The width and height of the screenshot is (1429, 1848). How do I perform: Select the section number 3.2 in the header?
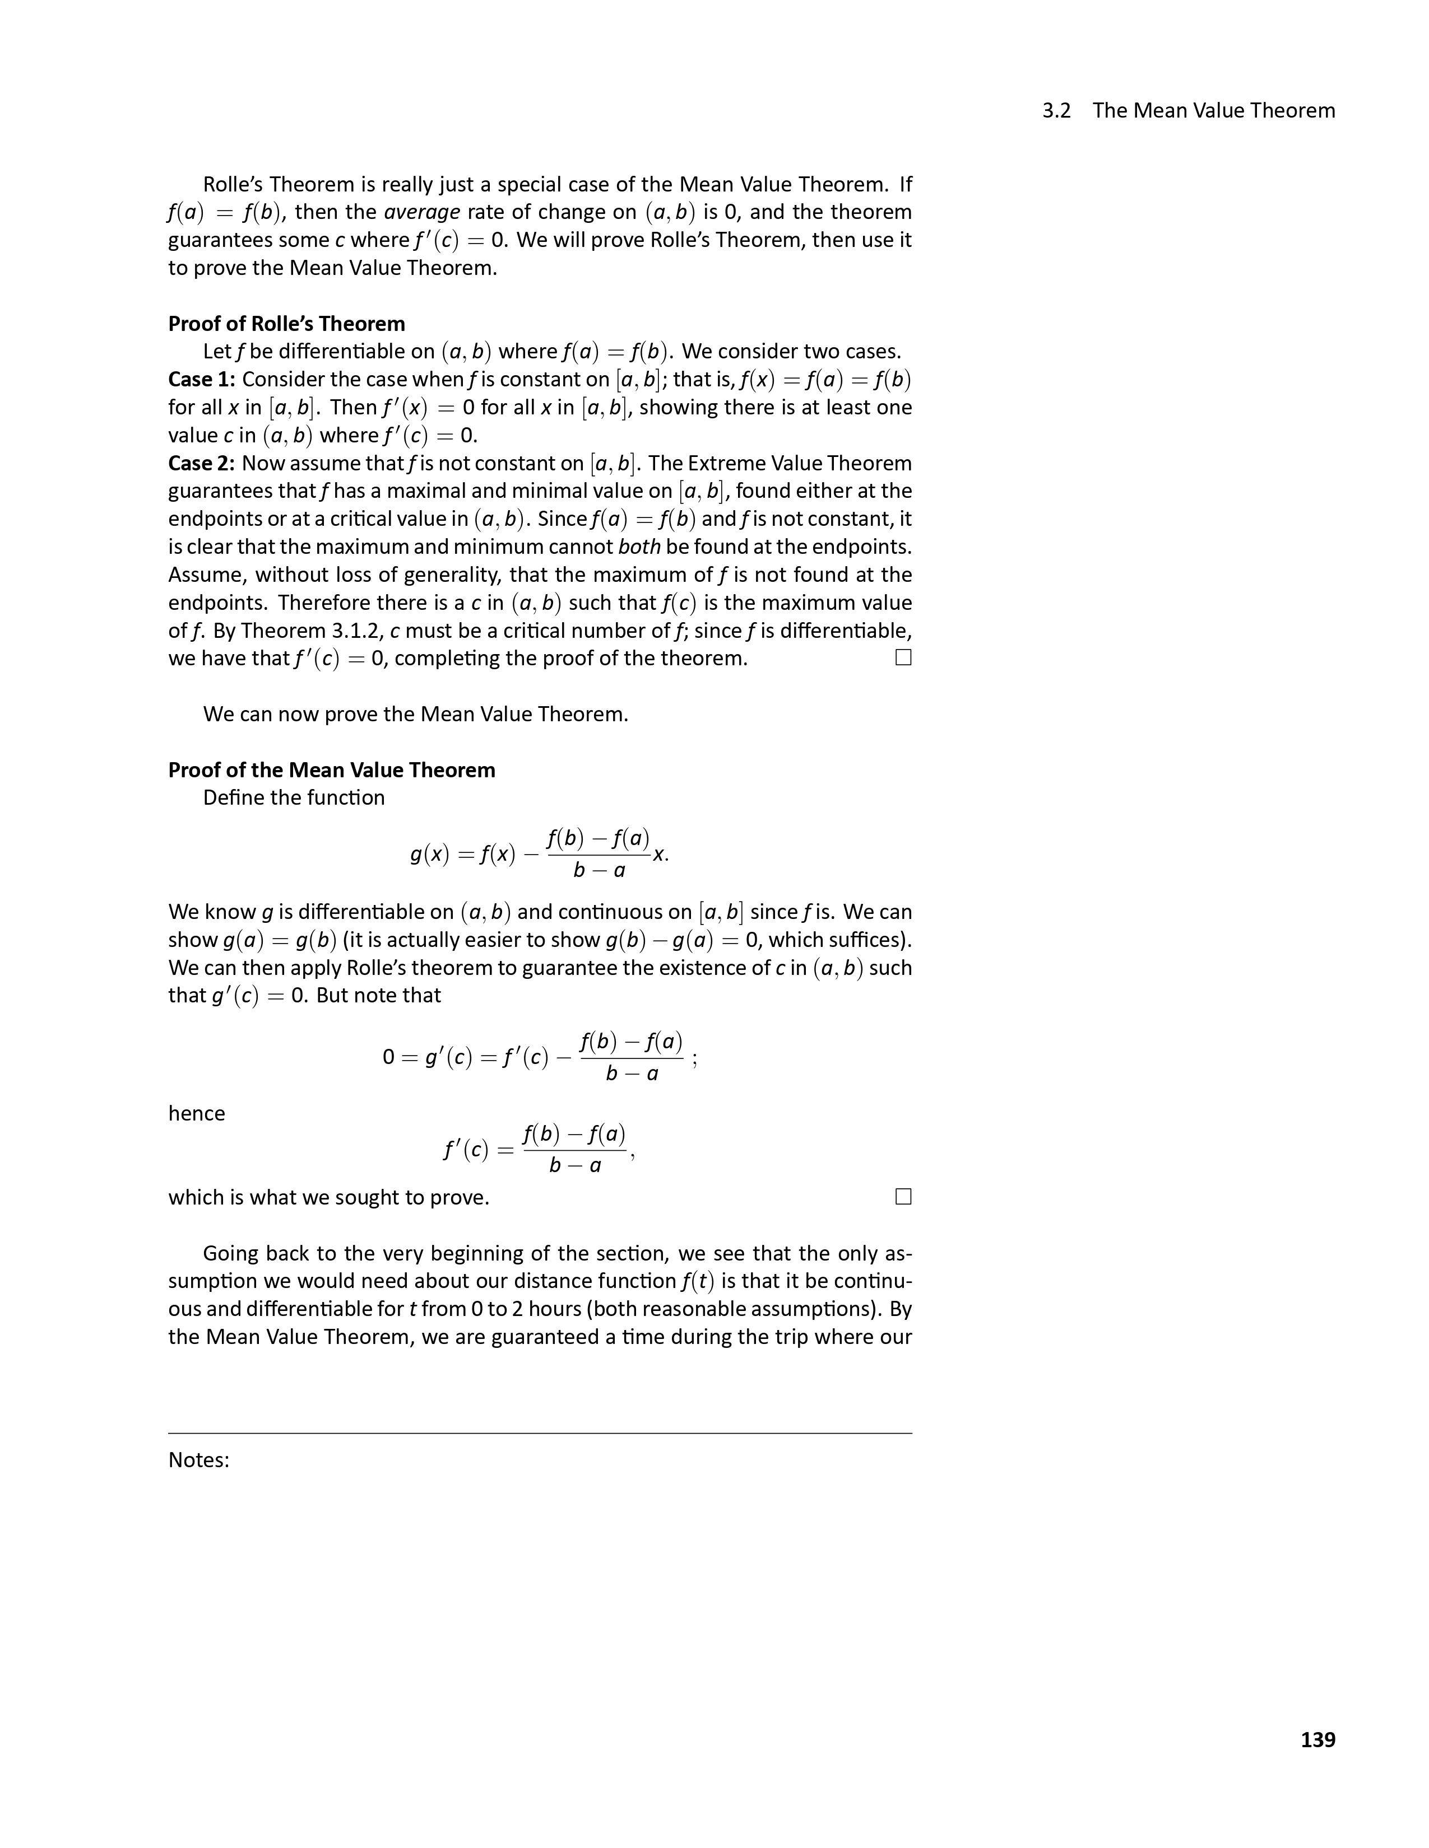[x=1056, y=111]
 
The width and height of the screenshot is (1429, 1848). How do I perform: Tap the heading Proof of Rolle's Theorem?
[x=286, y=324]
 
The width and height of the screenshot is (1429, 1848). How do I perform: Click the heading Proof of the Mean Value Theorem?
[x=331, y=770]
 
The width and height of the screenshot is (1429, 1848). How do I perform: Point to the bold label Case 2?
[x=202, y=464]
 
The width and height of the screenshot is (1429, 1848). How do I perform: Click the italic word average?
[x=421, y=212]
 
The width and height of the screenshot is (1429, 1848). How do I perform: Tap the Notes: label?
[x=199, y=1460]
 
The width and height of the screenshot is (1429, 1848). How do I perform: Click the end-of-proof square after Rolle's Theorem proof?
[x=903, y=657]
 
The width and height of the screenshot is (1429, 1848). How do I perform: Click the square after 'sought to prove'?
[x=903, y=1197]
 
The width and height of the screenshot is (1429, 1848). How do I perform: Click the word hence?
[x=196, y=1113]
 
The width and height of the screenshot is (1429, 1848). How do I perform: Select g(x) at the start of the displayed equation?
[x=429, y=855]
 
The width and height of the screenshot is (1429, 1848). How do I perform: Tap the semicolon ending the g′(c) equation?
[x=694, y=1060]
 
